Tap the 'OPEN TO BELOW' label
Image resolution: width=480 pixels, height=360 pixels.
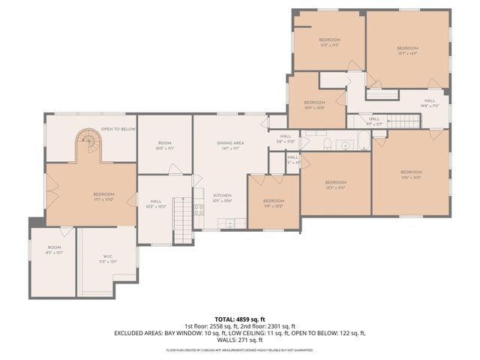pos(118,128)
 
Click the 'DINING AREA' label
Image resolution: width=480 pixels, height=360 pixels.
pos(230,145)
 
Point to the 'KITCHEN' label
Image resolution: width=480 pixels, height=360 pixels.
pos(222,197)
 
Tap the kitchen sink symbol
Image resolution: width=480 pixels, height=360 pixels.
pos(231,222)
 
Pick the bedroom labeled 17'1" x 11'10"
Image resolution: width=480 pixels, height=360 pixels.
pos(103,196)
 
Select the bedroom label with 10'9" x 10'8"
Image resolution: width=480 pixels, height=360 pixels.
pos(314,104)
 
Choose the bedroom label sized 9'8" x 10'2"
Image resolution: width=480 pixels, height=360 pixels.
pos(273,202)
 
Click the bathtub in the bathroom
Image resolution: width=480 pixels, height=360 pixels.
pos(363,141)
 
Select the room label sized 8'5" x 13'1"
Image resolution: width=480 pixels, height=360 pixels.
pos(55,250)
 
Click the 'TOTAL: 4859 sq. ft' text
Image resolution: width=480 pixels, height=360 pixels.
pos(240,319)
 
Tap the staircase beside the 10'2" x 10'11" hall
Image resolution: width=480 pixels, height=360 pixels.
pos(182,220)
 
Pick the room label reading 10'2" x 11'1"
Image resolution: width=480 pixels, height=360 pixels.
pos(165,145)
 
